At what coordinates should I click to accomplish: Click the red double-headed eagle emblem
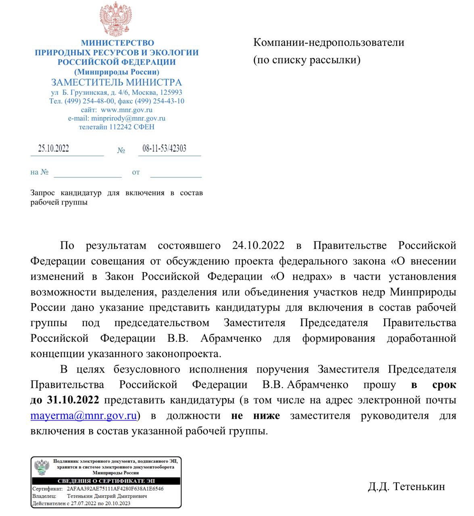pyautogui.click(x=116, y=19)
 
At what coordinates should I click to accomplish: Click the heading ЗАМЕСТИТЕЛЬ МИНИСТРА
pyautogui.click(x=116, y=83)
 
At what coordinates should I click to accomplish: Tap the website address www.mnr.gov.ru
pyautogui.click(x=126, y=110)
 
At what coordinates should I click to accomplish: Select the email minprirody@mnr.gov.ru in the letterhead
pyautogui.click(x=128, y=119)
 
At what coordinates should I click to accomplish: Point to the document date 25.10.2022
pyautogui.click(x=54, y=149)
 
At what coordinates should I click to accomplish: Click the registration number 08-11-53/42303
pyautogui.click(x=164, y=149)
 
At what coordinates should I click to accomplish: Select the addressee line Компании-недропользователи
pyautogui.click(x=328, y=42)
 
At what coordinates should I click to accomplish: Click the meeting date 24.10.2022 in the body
pyautogui.click(x=258, y=246)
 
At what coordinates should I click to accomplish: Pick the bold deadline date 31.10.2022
pyautogui.click(x=73, y=400)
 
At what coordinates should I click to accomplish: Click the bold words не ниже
pyautogui.click(x=255, y=416)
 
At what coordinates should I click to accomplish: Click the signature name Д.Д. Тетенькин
pyautogui.click(x=406, y=486)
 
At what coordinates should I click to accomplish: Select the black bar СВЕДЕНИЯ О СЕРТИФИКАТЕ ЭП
pyautogui.click(x=106, y=481)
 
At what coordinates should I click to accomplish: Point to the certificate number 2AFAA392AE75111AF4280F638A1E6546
pyautogui.click(x=115, y=489)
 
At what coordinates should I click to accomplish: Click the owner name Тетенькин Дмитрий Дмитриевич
pyautogui.click(x=107, y=496)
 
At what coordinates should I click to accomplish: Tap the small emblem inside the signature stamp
pyautogui.click(x=42, y=467)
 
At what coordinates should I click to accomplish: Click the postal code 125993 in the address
pyautogui.click(x=171, y=92)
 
